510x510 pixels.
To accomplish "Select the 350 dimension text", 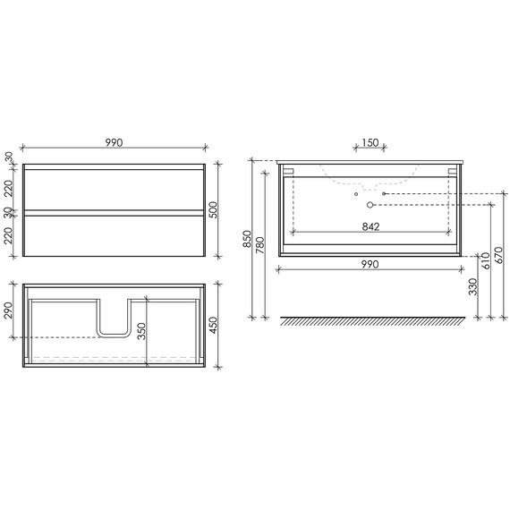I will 141,332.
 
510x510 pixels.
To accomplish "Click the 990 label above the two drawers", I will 113,141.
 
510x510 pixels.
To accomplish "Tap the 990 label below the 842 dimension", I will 370,264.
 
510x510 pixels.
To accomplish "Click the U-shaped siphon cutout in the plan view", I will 113,320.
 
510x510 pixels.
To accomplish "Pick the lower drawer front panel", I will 113,234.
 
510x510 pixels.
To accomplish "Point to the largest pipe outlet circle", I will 370,205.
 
